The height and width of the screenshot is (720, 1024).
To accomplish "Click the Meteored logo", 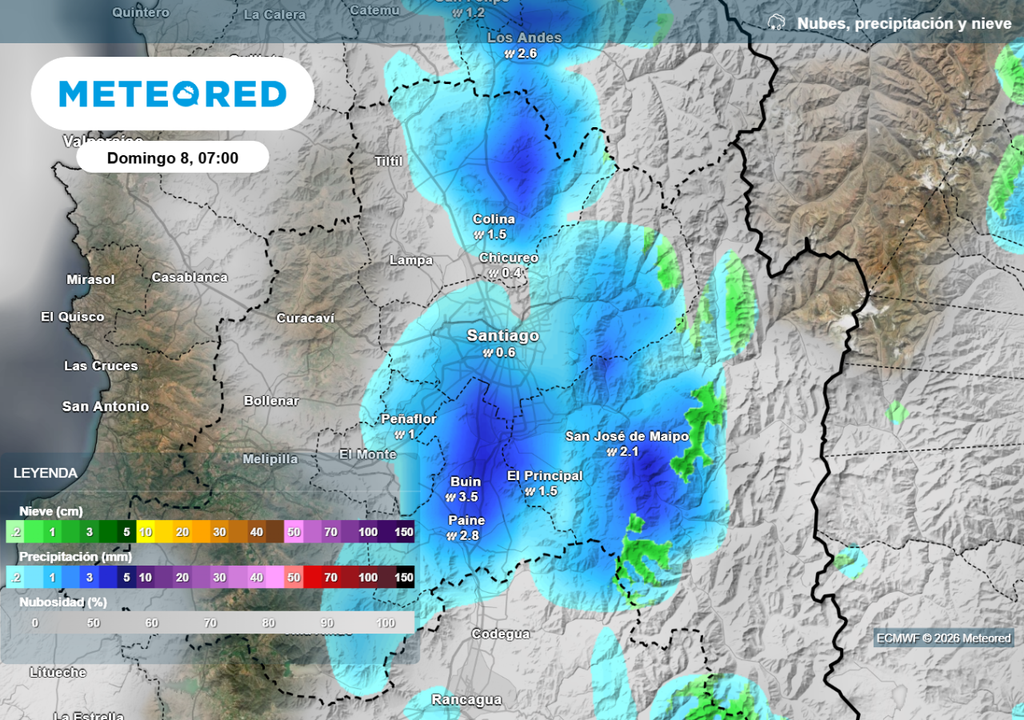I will pyautogui.click(x=173, y=94).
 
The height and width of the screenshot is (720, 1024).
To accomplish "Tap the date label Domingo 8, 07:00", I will pyautogui.click(x=172, y=158).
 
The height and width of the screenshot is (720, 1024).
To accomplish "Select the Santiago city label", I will pyautogui.click(x=503, y=336).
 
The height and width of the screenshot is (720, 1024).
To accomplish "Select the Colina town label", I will pyautogui.click(x=494, y=219).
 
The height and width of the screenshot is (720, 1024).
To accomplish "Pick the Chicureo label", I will pyautogui.click(x=508, y=258).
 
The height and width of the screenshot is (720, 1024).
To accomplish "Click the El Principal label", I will pyautogui.click(x=545, y=476).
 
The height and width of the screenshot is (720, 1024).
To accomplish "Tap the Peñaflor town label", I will pyautogui.click(x=409, y=419).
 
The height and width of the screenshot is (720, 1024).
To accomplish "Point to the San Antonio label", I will pyautogui.click(x=105, y=407).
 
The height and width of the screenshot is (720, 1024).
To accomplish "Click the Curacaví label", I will pyautogui.click(x=305, y=318).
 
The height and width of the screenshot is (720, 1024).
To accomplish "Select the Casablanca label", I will pyautogui.click(x=189, y=277).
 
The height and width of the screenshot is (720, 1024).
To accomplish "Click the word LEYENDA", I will pyautogui.click(x=45, y=473).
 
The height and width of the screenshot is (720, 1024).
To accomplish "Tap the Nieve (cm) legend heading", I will pyautogui.click(x=51, y=511).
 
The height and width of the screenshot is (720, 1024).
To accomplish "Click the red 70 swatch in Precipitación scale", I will pyautogui.click(x=330, y=577).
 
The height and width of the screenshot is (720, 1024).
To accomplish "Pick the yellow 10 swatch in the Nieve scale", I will pyautogui.click(x=145, y=532).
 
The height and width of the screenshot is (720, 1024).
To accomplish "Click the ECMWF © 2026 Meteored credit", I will pyautogui.click(x=943, y=638).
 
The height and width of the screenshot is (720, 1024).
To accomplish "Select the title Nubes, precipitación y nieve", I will pyautogui.click(x=890, y=23).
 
